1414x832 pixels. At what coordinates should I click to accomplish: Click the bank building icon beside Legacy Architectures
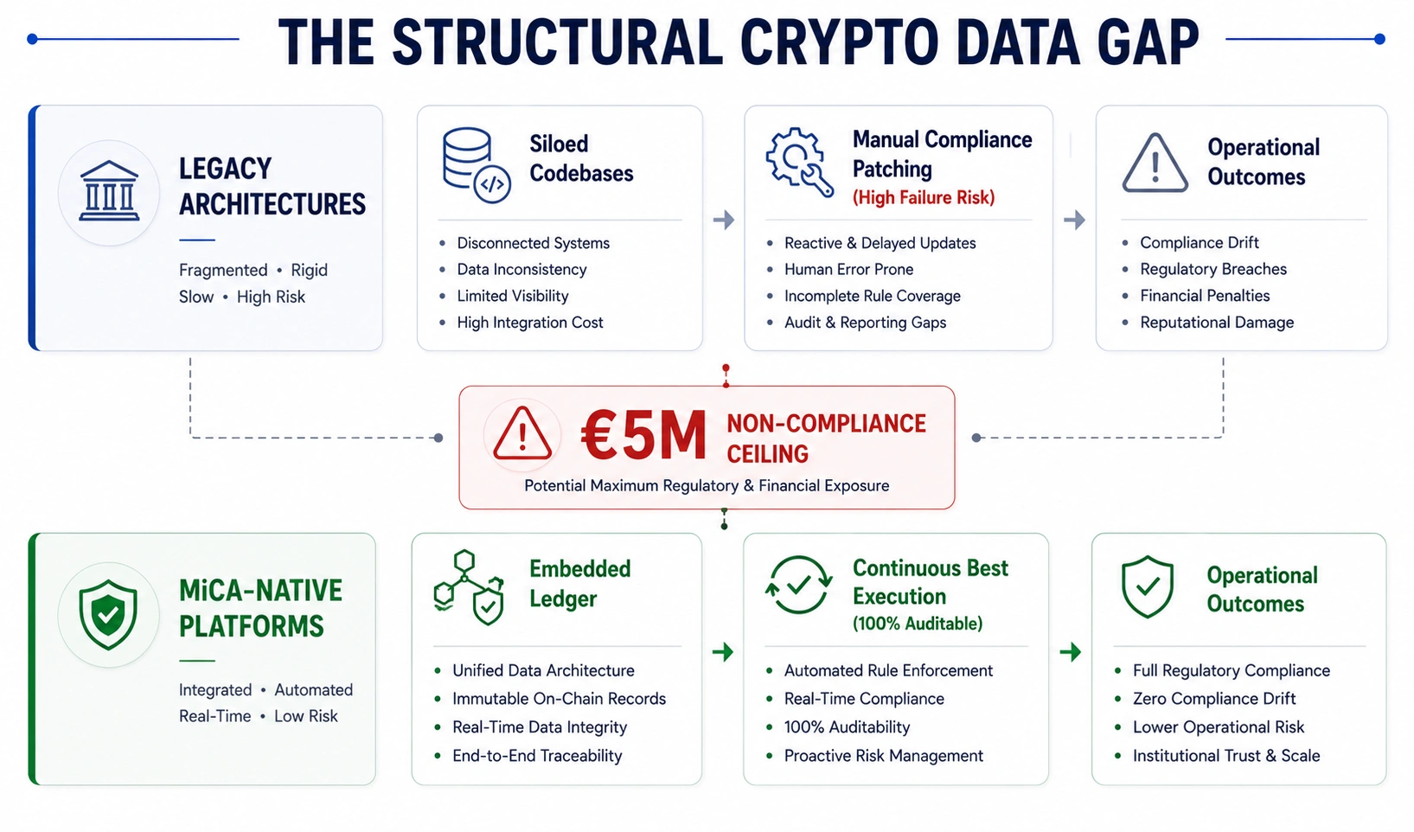pyautogui.click(x=109, y=190)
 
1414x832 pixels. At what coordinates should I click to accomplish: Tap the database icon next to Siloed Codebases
pyautogui.click(x=476, y=165)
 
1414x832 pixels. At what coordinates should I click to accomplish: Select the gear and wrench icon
pyautogui.click(x=799, y=162)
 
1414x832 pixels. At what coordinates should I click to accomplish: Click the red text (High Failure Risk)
pyautogui.click(x=924, y=197)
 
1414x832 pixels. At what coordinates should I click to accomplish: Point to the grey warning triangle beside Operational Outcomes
pyautogui.click(x=1155, y=163)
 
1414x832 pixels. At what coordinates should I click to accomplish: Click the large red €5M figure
pyautogui.click(x=643, y=435)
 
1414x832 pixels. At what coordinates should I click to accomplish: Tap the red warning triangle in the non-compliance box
pyautogui.click(x=522, y=433)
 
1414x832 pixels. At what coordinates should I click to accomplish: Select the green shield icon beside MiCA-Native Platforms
pyautogui.click(x=108, y=615)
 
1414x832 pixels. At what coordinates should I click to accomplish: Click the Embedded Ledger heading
pyautogui.click(x=579, y=583)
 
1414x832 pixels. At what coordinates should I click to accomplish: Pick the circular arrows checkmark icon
pyautogui.click(x=798, y=585)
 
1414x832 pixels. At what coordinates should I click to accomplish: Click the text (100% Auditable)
pyautogui.click(x=918, y=624)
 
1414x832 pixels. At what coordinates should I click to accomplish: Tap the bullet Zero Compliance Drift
pyautogui.click(x=1214, y=698)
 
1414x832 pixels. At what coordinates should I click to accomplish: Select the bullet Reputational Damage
pyautogui.click(x=1217, y=322)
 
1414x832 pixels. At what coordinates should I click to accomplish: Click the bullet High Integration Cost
pyautogui.click(x=529, y=322)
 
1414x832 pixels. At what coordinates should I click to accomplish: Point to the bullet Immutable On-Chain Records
pyautogui.click(x=559, y=698)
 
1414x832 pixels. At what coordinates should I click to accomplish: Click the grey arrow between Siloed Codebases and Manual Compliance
pyautogui.click(x=723, y=220)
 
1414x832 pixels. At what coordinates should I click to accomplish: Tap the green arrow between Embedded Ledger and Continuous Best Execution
pyautogui.click(x=723, y=651)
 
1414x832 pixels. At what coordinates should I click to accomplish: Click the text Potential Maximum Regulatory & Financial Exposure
pyautogui.click(x=707, y=485)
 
